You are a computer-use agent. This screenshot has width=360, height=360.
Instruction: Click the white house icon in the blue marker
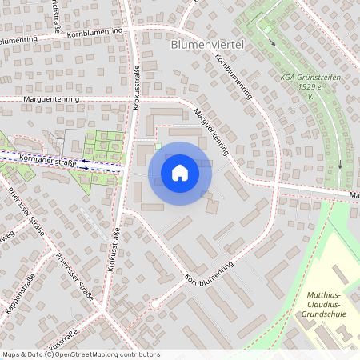pyautogui.click(x=180, y=173)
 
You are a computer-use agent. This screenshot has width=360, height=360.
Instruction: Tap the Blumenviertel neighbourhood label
pyautogui.click(x=207, y=46)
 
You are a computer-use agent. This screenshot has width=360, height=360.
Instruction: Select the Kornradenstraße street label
pyautogui.click(x=46, y=162)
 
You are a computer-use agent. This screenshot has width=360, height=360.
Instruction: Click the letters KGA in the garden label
pyautogui.click(x=288, y=78)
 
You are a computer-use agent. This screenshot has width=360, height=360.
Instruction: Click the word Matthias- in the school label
pyautogui.click(x=325, y=297)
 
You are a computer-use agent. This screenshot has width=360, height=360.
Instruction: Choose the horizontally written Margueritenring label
pyautogui.click(x=51, y=100)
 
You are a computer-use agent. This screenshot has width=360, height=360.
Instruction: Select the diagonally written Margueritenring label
pyautogui.click(x=211, y=131)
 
